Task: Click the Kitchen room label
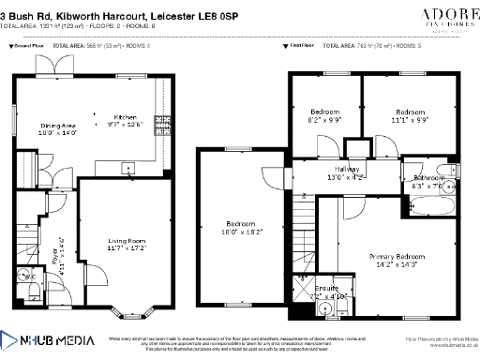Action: (x=126, y=117)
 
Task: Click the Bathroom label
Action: (x=429, y=177)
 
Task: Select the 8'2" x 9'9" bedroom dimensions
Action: (x=325, y=120)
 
